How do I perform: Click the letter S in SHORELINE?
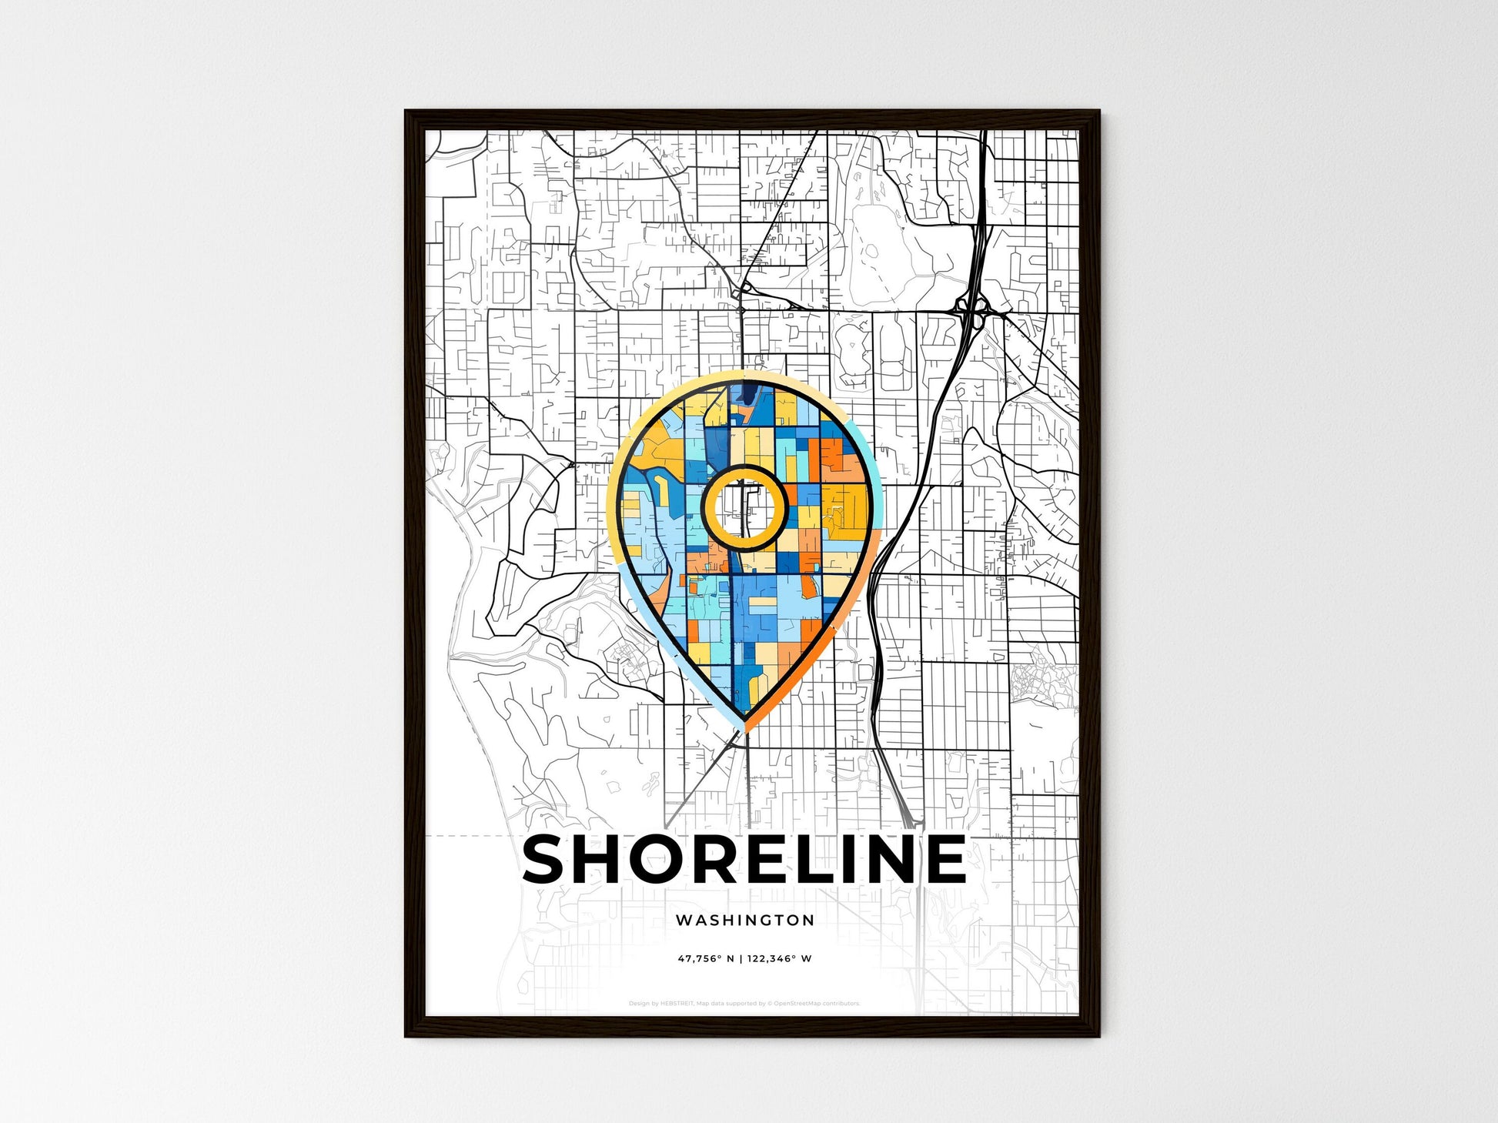point(548,859)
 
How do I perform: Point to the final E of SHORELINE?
point(944,859)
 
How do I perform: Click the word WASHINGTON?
point(744,920)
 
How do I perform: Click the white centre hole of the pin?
point(744,507)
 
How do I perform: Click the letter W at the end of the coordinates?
point(806,959)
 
